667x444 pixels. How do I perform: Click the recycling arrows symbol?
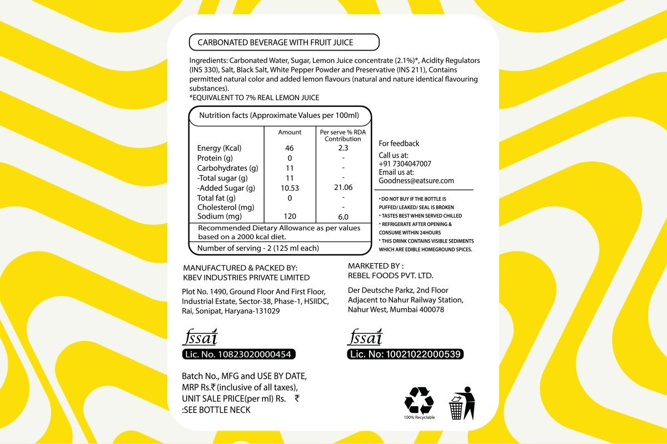(419, 400)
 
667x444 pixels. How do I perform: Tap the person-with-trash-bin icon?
(462, 403)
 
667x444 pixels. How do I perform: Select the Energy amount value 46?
(289, 148)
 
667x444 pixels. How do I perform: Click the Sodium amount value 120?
(290, 216)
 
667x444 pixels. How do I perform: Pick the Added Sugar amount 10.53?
(290, 188)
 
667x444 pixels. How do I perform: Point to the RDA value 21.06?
(343, 188)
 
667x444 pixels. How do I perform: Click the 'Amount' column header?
(290, 132)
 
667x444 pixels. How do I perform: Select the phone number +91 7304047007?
(405, 164)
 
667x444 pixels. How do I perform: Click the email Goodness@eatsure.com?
(416, 181)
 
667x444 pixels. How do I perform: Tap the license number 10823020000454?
(250, 354)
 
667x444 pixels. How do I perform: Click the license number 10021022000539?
(416, 354)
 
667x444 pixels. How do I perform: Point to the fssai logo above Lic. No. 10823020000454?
(200, 338)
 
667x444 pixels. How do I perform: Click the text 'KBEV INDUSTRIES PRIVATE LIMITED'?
(246, 278)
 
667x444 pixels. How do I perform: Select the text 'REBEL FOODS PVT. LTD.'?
(390, 275)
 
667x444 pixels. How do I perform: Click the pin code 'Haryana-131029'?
(253, 311)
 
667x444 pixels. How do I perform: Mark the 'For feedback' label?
(399, 144)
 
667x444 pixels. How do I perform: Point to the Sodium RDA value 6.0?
(343, 217)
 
